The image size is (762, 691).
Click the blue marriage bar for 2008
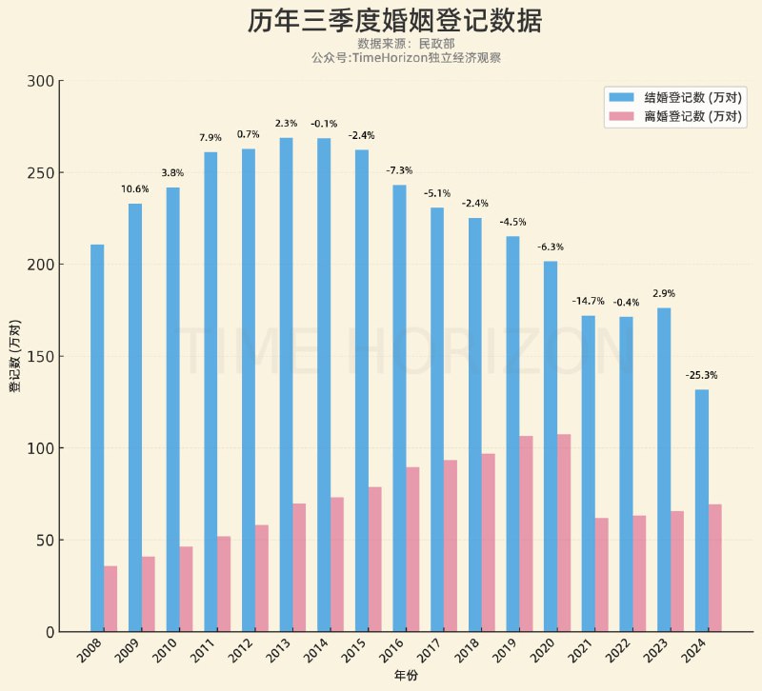click(x=97, y=438)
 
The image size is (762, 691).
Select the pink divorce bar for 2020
click(x=564, y=533)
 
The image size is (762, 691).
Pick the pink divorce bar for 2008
click(x=110, y=599)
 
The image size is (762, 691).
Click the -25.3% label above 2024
click(x=701, y=375)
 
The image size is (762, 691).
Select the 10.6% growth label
click(x=134, y=188)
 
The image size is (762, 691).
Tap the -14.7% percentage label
click(x=588, y=301)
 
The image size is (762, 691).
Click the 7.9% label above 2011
click(x=210, y=138)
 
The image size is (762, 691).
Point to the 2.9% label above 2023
click(x=663, y=293)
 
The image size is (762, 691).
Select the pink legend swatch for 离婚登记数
click(x=621, y=116)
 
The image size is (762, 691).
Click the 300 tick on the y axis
click(x=41, y=81)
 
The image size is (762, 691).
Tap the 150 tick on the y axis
click(x=41, y=357)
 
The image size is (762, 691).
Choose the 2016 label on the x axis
click(x=391, y=652)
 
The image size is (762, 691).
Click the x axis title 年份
click(x=406, y=675)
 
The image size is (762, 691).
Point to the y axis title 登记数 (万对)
click(x=15, y=357)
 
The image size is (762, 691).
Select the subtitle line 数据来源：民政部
click(x=406, y=44)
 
